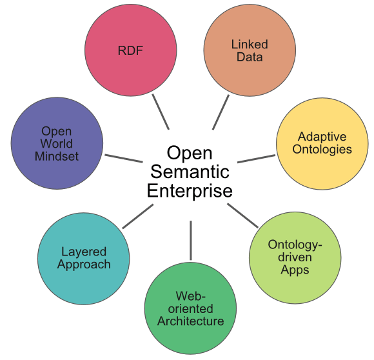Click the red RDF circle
[x=131, y=50]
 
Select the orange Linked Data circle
[x=250, y=50]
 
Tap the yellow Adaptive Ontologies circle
[x=322, y=144]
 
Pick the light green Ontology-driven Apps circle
[x=295, y=258]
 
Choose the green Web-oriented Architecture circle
[x=190, y=308]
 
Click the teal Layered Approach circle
[x=83, y=259]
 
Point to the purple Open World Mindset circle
[x=57, y=143]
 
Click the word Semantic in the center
[x=190, y=172]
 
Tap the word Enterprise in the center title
[x=190, y=191]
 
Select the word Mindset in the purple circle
[x=57, y=157]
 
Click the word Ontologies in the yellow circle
[x=322, y=150]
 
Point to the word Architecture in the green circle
[x=191, y=321]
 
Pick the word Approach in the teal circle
[x=84, y=265]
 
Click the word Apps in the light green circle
[x=295, y=270]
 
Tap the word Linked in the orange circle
[x=250, y=45]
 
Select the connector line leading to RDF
[x=161, y=112]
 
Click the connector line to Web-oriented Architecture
[x=191, y=240]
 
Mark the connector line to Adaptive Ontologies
[x=257, y=159]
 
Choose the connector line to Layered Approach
[x=137, y=216]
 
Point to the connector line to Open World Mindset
[x=124, y=159]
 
